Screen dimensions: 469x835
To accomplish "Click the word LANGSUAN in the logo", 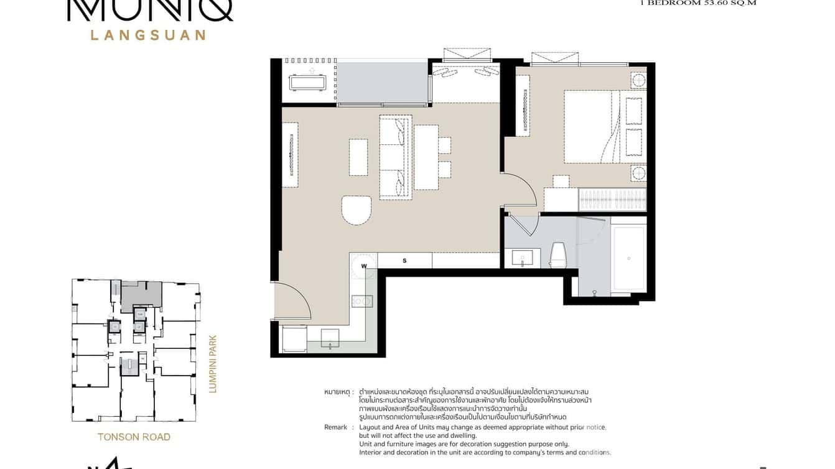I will pyautogui.click(x=148, y=35).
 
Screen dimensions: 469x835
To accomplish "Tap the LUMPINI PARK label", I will pyautogui.click(x=212, y=364).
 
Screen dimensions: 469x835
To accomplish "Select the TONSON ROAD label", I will pyautogui.click(x=134, y=437).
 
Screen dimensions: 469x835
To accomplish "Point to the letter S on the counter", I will pyautogui.click(x=404, y=261).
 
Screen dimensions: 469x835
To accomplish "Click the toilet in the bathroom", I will pyautogui.click(x=557, y=254).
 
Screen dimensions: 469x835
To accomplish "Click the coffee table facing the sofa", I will pyautogui.click(x=358, y=157).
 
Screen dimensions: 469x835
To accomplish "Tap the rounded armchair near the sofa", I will pyautogui.click(x=356, y=210).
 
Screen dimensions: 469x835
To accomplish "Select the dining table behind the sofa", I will pyautogui.click(x=426, y=157).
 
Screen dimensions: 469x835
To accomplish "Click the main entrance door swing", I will pyautogui.click(x=292, y=302).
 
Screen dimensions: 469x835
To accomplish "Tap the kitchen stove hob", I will pyautogui.click(x=362, y=302).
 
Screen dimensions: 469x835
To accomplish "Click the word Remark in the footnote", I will pyautogui.click(x=335, y=427).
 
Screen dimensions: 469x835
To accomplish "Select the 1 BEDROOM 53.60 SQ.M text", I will pyautogui.click(x=698, y=2).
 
